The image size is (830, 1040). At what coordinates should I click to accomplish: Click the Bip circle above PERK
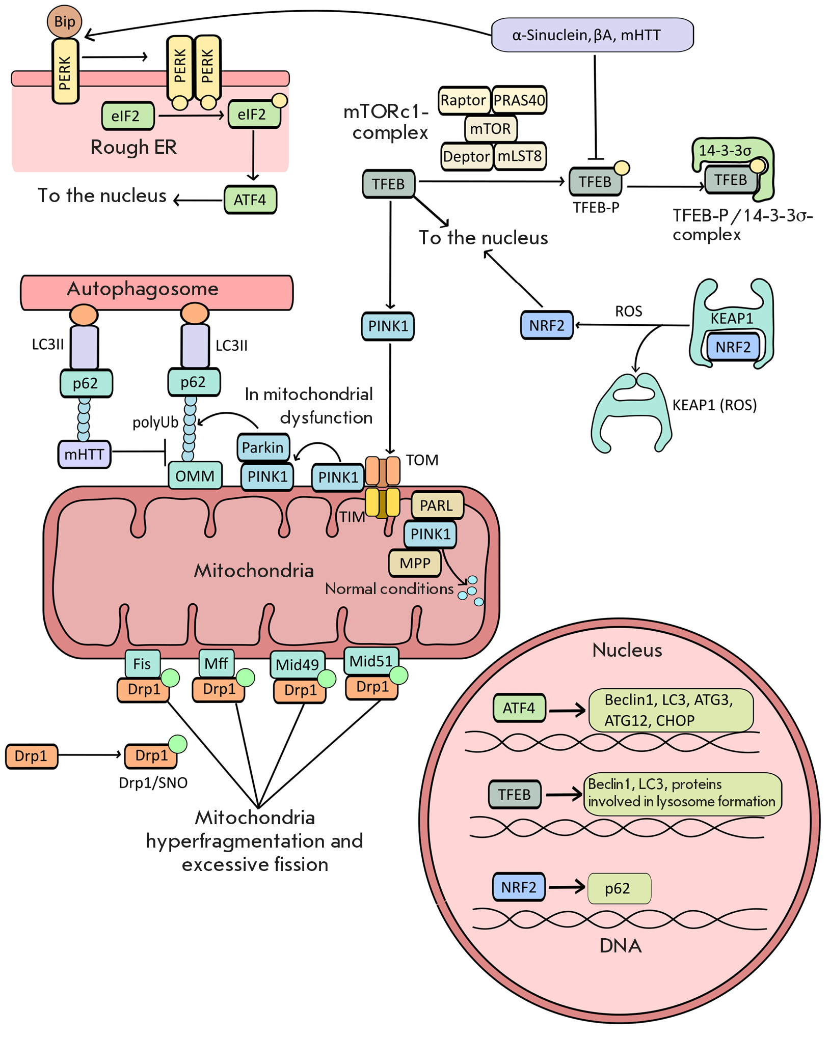[65, 22]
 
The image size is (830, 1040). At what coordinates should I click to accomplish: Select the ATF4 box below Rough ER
[250, 200]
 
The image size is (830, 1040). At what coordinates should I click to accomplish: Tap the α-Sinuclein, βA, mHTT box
[592, 35]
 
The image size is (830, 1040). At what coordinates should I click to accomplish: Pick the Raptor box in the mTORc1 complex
[464, 100]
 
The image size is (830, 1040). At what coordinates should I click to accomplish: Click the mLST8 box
[520, 156]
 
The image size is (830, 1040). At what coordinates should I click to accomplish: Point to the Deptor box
[466, 156]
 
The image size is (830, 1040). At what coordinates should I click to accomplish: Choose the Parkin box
[263, 447]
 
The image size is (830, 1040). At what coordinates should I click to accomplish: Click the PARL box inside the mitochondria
[437, 505]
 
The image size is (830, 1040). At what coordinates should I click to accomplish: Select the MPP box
[415, 563]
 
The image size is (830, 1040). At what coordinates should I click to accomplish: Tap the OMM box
[195, 476]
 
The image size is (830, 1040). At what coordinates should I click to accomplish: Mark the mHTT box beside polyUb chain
[85, 454]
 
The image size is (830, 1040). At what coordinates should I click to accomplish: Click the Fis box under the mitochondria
[142, 664]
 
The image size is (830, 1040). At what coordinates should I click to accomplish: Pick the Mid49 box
[297, 664]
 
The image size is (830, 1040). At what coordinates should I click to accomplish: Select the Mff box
[216, 663]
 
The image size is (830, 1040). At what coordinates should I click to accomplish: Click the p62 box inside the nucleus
[619, 889]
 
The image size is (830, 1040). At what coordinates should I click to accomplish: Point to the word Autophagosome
[143, 289]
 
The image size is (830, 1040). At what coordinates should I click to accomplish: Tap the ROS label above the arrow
[628, 312]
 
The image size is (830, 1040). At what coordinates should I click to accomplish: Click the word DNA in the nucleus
[620, 946]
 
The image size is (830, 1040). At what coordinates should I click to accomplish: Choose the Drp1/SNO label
[153, 783]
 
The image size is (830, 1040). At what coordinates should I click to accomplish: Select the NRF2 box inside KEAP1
[733, 347]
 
